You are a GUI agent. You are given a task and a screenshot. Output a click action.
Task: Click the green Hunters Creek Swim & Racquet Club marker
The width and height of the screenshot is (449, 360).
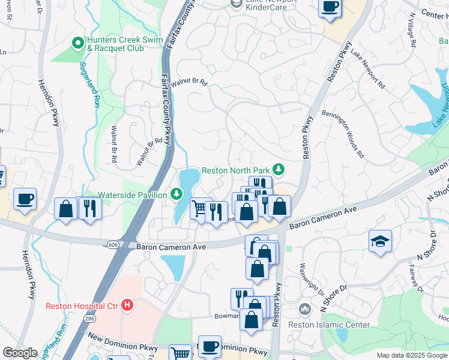point(77,43)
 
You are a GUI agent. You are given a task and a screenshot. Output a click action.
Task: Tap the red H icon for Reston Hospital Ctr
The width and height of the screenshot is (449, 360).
point(126,305)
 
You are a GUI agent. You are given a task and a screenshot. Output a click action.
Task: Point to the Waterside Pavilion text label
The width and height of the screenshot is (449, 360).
point(133,195)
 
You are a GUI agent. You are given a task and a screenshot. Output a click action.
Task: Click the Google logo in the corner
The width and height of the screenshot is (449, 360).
point(20,353)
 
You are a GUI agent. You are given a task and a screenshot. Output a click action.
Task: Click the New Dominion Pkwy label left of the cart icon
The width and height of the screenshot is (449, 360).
point(122,348)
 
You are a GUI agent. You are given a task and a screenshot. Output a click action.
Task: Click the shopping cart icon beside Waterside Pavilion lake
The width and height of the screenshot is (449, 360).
point(200,208)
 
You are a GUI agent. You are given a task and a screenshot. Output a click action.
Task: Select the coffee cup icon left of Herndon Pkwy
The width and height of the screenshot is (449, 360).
point(25,199)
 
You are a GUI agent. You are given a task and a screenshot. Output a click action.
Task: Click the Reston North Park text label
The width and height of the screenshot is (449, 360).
point(235,170)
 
